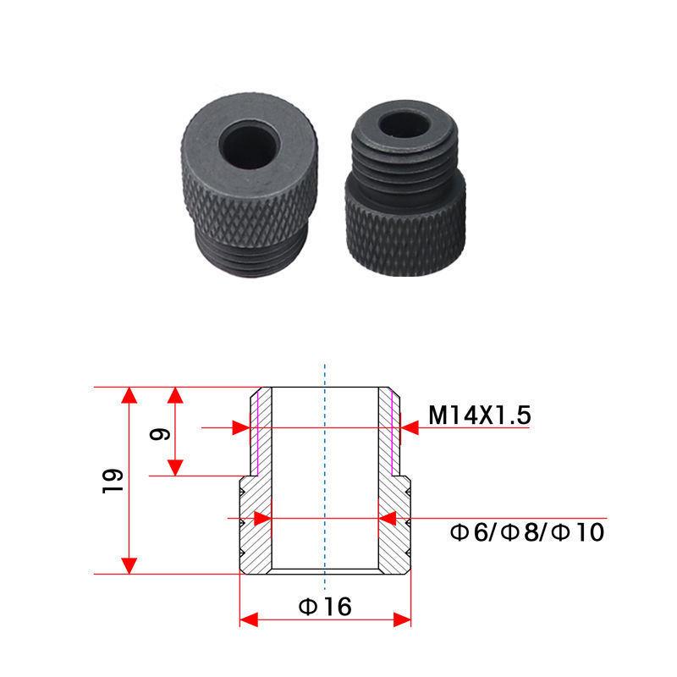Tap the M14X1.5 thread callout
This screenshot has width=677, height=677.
(x=479, y=416)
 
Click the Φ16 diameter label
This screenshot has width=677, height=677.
(x=326, y=606)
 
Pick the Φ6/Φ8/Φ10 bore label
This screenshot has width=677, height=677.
(x=526, y=532)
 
